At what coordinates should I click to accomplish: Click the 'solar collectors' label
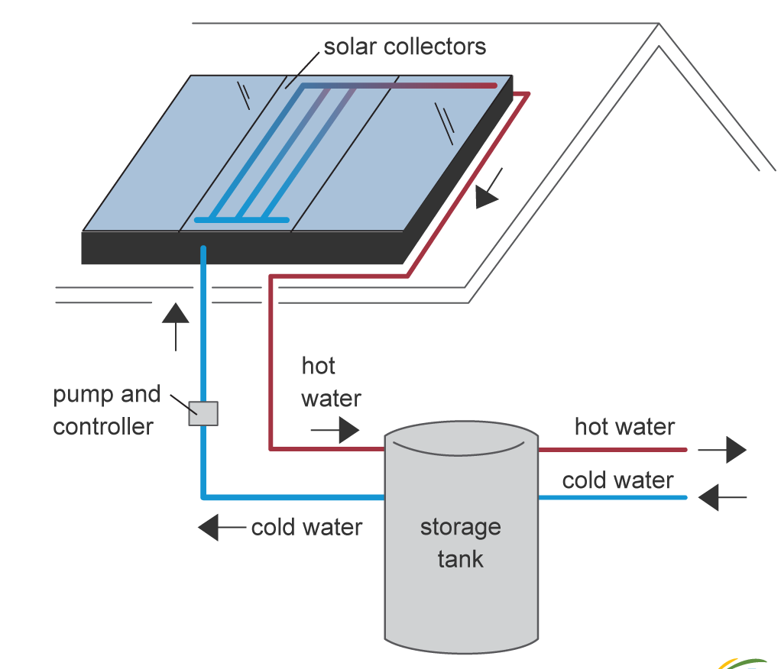pyautogui.click(x=404, y=47)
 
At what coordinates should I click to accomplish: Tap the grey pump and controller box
pyautogui.click(x=203, y=414)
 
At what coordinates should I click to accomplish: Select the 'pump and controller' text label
pyautogui.click(x=106, y=410)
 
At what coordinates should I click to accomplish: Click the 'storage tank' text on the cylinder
pyautogui.click(x=461, y=543)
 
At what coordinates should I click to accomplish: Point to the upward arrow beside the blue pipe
pyautogui.click(x=175, y=327)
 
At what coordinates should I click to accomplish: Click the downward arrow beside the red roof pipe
pyautogui.click(x=488, y=189)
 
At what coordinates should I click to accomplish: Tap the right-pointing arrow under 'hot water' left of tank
pyautogui.click(x=335, y=429)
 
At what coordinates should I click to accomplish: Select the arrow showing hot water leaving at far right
pyautogui.click(x=722, y=450)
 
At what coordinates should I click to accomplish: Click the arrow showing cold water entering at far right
pyautogui.click(x=722, y=497)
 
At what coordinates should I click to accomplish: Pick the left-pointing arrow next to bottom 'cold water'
pyautogui.click(x=222, y=527)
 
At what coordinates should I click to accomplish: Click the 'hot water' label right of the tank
pyautogui.click(x=624, y=427)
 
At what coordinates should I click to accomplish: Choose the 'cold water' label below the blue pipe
pyautogui.click(x=307, y=528)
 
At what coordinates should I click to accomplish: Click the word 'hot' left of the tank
pyautogui.click(x=318, y=366)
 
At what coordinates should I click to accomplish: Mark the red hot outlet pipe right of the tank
pyautogui.click(x=613, y=450)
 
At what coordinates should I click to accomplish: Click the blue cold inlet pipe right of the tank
pyautogui.click(x=613, y=497)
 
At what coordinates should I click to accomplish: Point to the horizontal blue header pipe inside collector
pyautogui.click(x=241, y=219)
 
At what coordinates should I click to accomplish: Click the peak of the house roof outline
pyautogui.click(x=659, y=24)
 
